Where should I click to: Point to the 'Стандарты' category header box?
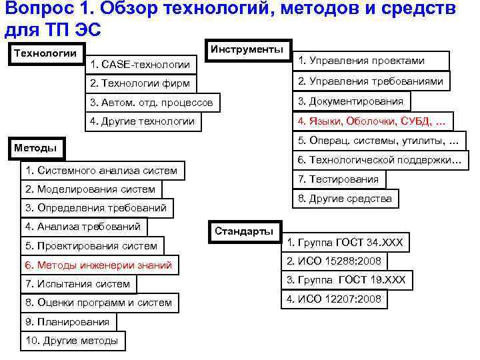point(245,231)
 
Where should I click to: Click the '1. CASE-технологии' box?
point(142,65)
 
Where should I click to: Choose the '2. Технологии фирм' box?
point(142,84)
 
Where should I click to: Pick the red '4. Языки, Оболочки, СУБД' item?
point(375,121)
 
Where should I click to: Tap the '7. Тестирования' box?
point(339,179)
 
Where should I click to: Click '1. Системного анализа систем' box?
point(102,171)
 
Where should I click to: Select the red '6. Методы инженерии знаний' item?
point(99,265)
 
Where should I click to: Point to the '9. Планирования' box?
point(67,322)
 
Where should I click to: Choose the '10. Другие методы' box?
point(71,341)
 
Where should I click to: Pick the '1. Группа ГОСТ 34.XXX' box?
point(345,241)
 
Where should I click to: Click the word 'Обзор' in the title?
point(133,11)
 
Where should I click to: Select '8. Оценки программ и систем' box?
point(99,303)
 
